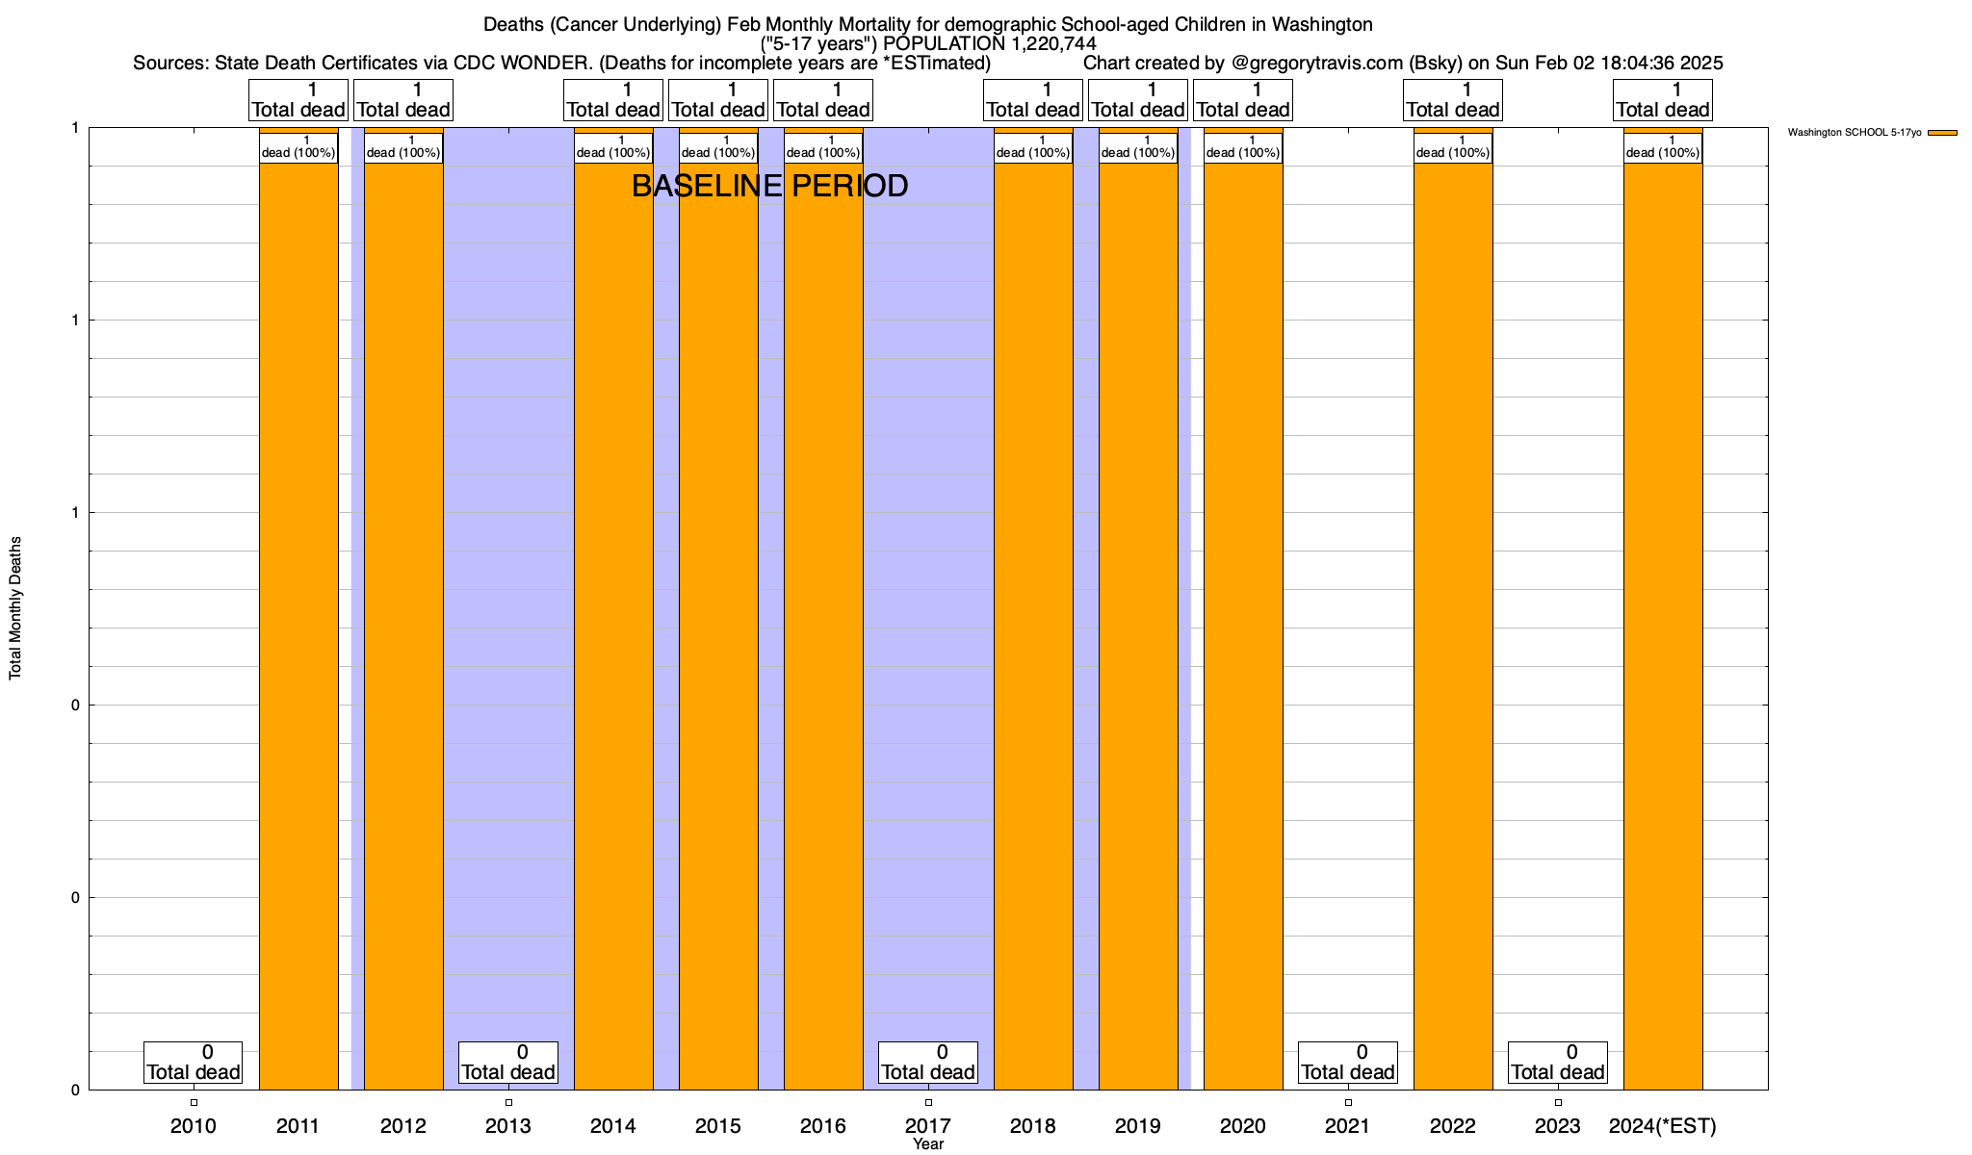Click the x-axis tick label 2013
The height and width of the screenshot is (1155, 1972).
pyautogui.click(x=508, y=1126)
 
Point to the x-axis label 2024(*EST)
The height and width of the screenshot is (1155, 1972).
pyautogui.click(x=1663, y=1126)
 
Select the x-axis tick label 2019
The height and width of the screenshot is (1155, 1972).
pyautogui.click(x=1138, y=1126)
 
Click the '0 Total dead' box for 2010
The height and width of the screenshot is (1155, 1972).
pyautogui.click(x=194, y=1063)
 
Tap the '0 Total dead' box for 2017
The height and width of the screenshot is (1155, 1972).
pyautogui.click(x=928, y=1063)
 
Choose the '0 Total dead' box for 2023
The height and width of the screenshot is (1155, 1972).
pyautogui.click(x=1558, y=1063)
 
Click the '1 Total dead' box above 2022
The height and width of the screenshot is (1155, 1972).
pyautogui.click(x=1453, y=100)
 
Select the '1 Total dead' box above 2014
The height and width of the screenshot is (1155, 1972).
pyautogui.click(x=613, y=100)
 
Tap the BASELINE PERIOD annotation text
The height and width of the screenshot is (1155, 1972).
pyautogui.click(x=769, y=186)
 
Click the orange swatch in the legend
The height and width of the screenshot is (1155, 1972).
pyautogui.click(x=1942, y=133)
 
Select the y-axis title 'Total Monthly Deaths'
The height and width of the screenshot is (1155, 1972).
pyautogui.click(x=15, y=608)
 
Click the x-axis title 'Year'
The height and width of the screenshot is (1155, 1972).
pyautogui.click(x=928, y=1144)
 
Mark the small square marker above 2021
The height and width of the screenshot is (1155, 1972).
pyautogui.click(x=1348, y=1103)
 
